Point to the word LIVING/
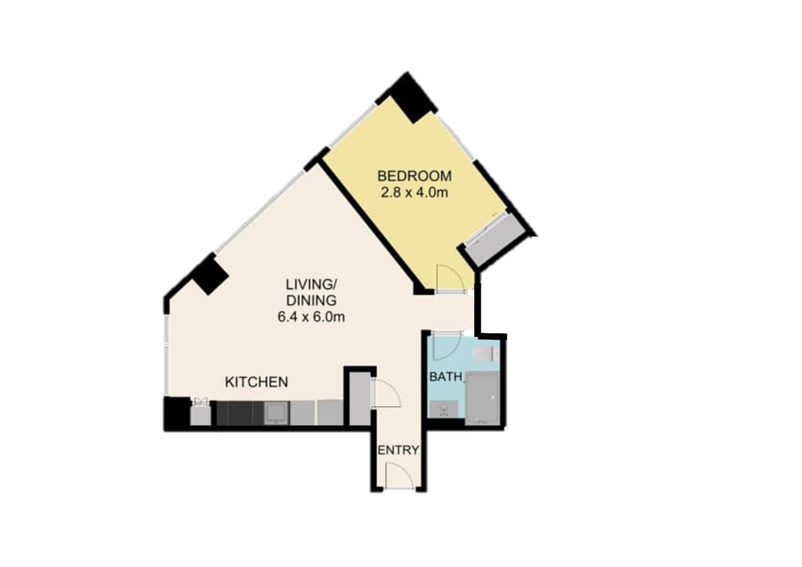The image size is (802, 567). [311, 285]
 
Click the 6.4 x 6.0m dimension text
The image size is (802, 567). [311, 317]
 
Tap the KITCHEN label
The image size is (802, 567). [256, 382]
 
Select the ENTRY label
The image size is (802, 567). [399, 450]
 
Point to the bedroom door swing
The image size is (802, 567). [450, 278]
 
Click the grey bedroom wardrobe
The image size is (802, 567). [496, 240]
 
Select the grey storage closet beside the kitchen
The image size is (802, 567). [360, 398]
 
